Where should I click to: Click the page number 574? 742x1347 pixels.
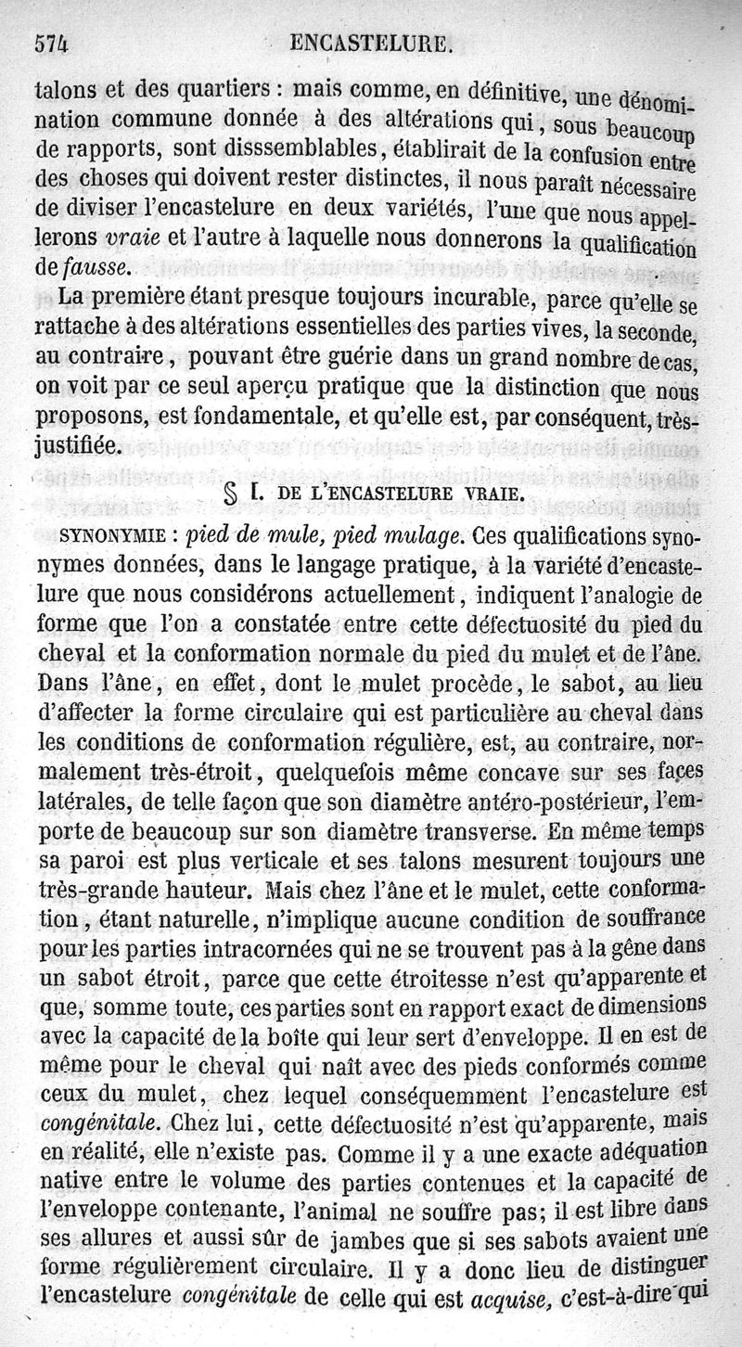tap(53, 43)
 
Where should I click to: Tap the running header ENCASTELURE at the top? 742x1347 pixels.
tap(371, 43)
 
